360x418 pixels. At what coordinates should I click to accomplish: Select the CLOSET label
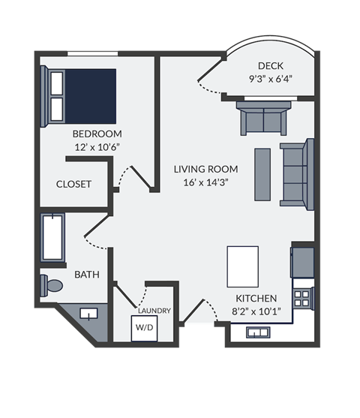pos(73,184)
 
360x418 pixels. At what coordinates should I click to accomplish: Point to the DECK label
pos(270,65)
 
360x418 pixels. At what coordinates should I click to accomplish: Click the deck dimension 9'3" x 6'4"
pos(270,78)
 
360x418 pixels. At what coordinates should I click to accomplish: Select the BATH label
pos(86,275)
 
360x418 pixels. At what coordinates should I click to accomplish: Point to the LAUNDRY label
pos(154,311)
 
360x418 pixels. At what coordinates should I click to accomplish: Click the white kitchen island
pos(242,265)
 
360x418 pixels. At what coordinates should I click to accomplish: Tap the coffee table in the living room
pos(262,172)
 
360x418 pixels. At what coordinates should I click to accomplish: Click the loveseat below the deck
pos(263,119)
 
